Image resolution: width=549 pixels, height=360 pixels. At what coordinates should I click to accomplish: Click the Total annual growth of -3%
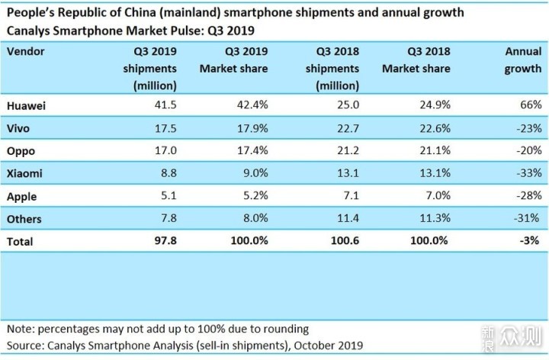529,241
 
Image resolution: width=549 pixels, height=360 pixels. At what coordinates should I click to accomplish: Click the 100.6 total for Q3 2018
344,241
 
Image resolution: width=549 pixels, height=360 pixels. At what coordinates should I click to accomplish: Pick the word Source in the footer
25,344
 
